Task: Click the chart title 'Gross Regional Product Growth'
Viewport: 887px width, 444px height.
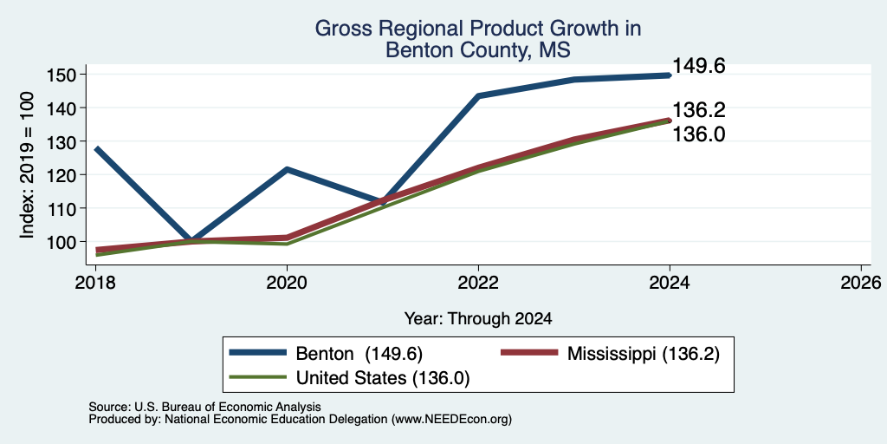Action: (478, 29)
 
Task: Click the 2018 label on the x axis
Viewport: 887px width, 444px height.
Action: (95, 282)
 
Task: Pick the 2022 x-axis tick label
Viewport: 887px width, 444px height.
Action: (478, 282)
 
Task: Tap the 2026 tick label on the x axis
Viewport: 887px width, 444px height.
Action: (862, 282)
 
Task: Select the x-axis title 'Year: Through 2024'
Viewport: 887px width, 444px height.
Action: (478, 319)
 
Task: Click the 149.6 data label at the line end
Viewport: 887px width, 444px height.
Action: (699, 66)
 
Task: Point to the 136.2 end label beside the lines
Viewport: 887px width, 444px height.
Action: (699, 110)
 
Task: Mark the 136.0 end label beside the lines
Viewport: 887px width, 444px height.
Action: (699, 134)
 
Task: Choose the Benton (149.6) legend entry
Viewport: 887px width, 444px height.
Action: (326, 354)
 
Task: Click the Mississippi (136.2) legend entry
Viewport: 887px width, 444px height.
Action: (611, 354)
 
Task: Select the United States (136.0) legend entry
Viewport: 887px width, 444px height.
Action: (350, 378)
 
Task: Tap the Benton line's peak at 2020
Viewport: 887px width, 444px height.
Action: (287, 169)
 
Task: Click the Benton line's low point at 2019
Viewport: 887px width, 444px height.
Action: (191, 241)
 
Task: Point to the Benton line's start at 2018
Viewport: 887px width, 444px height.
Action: (97, 149)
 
